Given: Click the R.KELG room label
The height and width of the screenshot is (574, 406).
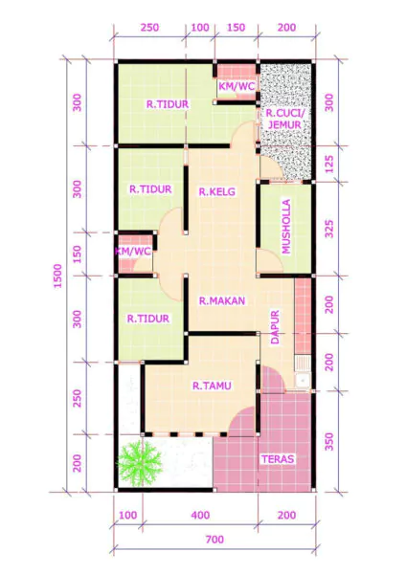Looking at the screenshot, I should [217, 191].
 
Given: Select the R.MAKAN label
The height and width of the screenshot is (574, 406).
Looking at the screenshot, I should [222, 300].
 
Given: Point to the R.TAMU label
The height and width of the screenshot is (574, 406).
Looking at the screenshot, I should [209, 386].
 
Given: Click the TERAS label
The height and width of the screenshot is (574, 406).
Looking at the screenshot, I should [278, 459].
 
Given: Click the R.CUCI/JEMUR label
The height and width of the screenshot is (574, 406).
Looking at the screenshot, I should [285, 118].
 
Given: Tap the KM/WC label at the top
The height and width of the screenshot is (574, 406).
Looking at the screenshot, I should [237, 86].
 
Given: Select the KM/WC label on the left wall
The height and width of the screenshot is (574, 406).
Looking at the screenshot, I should [133, 252].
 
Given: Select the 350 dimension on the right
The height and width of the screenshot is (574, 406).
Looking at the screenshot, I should [330, 441].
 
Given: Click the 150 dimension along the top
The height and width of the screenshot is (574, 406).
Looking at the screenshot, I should [237, 27].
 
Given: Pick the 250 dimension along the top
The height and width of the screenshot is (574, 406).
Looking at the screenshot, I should [150, 27].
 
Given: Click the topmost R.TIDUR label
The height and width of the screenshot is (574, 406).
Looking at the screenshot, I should [166, 103].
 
